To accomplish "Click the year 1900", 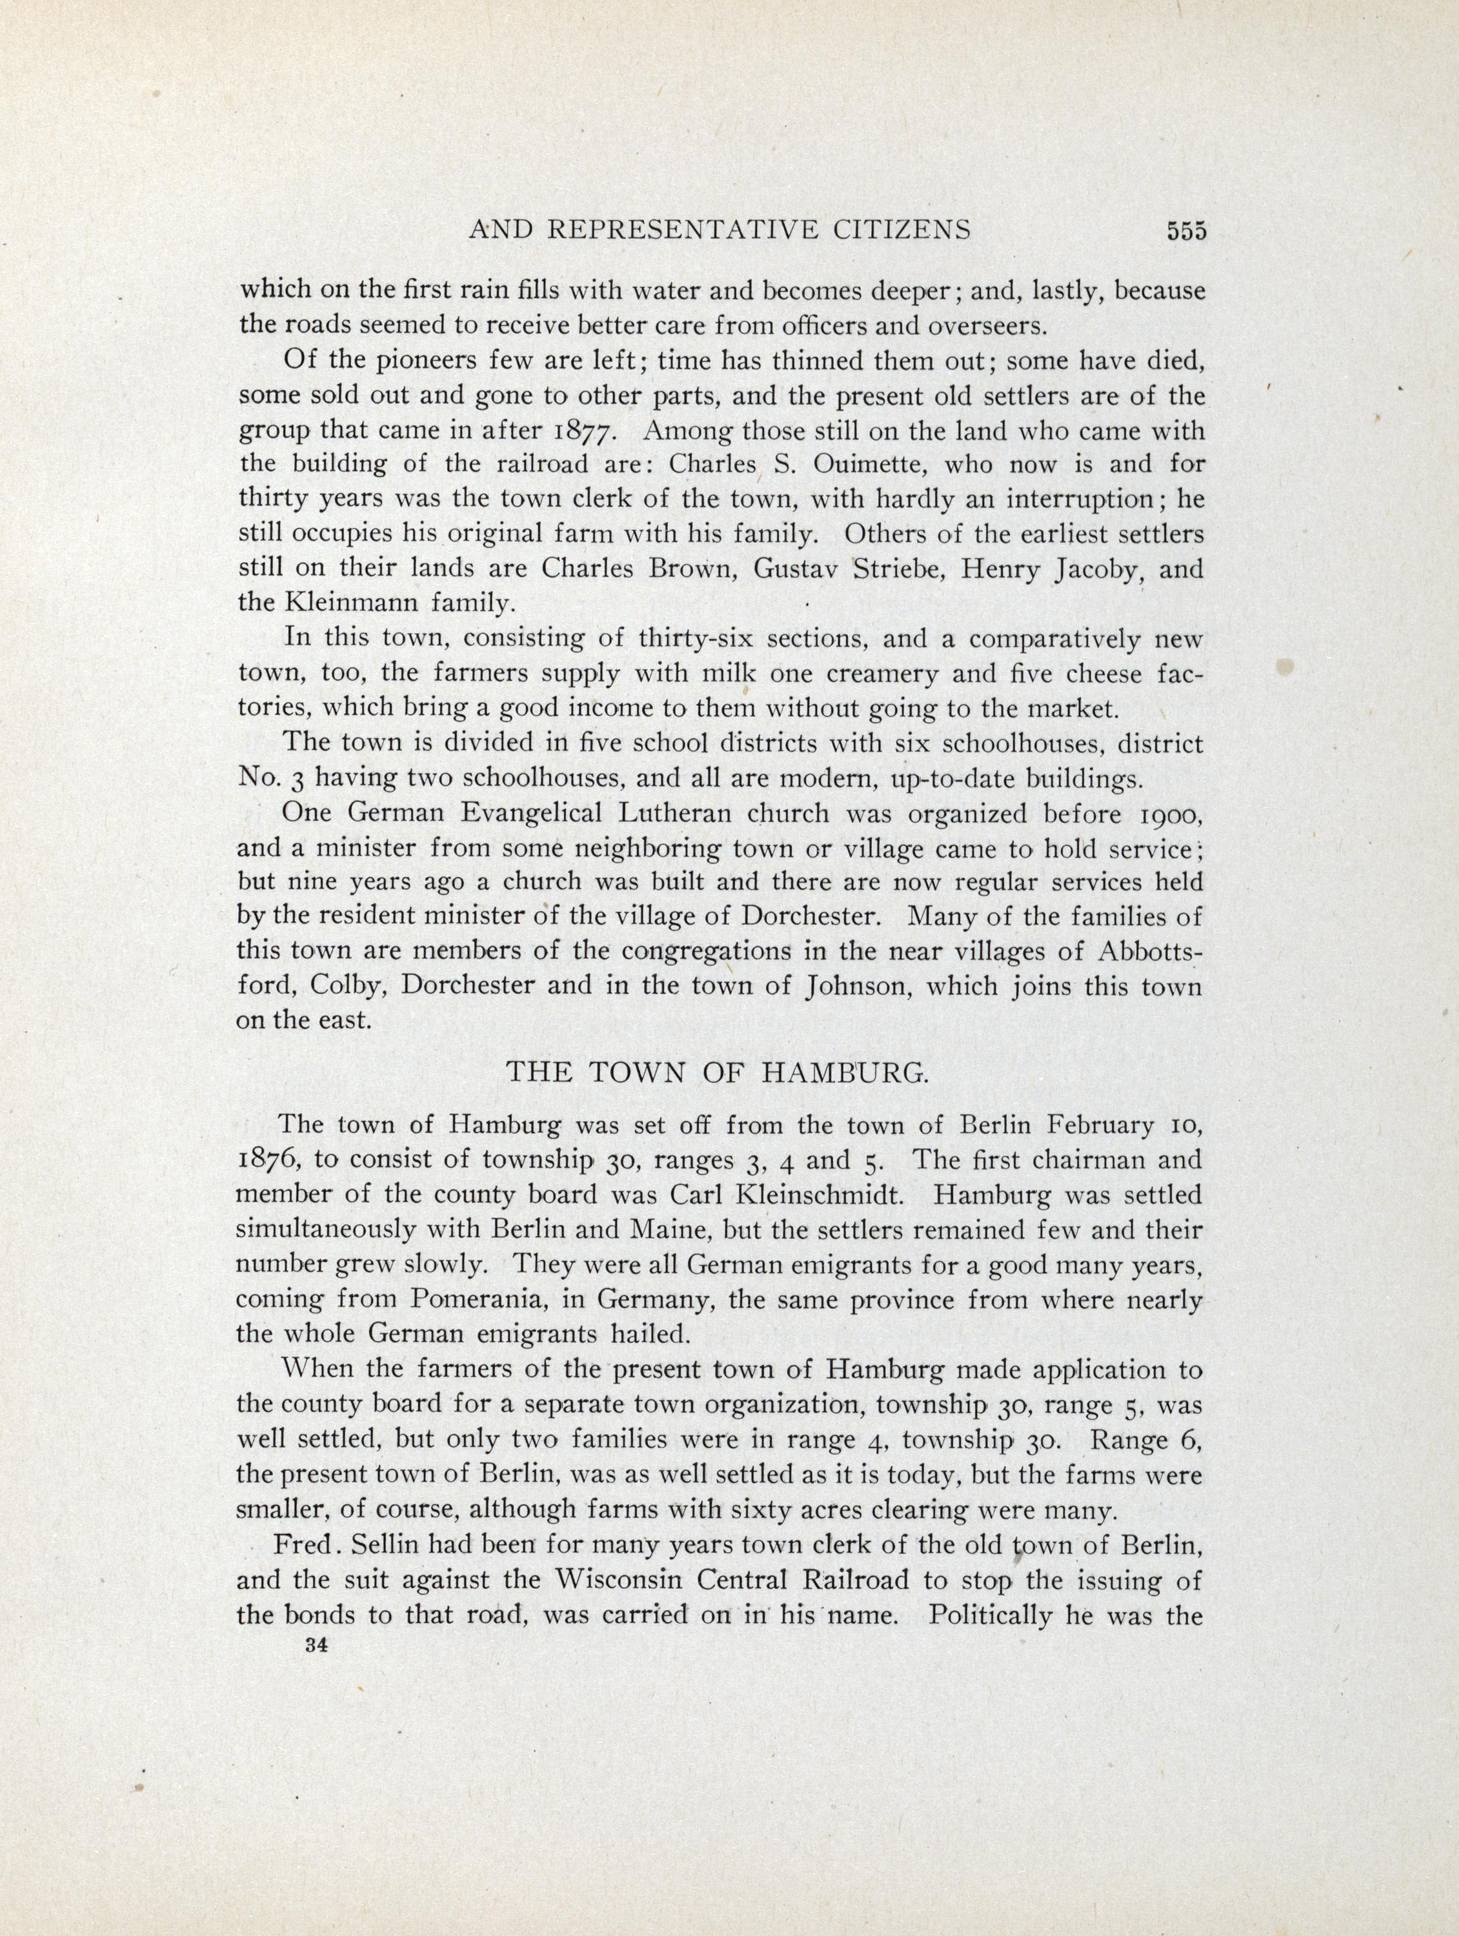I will [1165, 814].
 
